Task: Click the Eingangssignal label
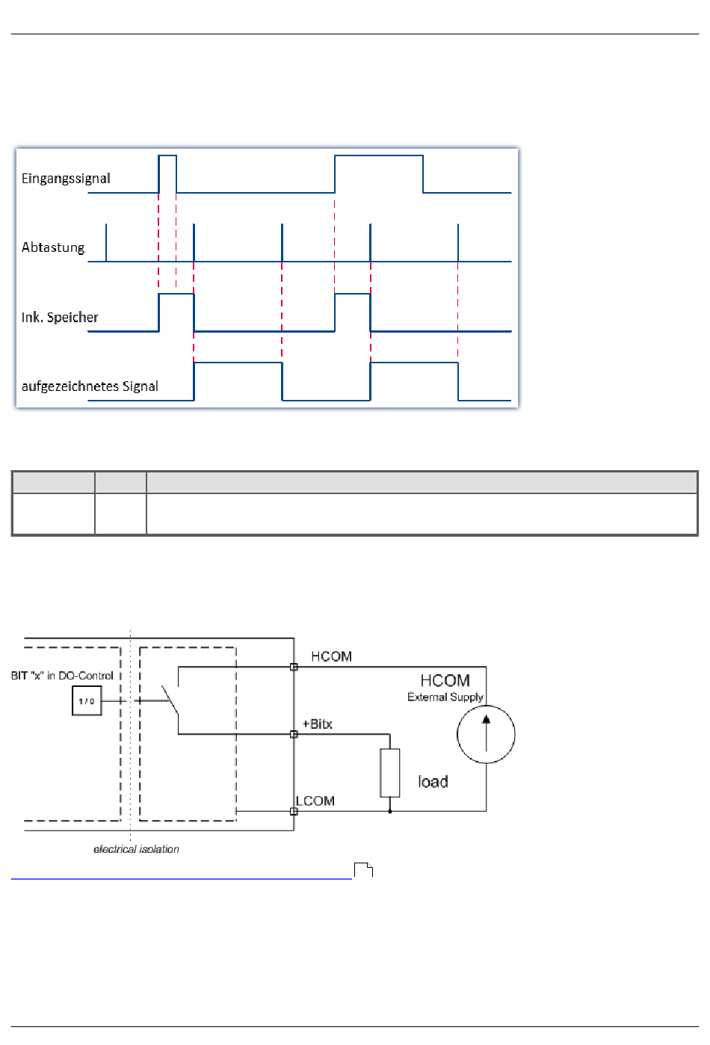pos(66,179)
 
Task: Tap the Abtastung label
pos(53,247)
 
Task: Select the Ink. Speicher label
pos(60,317)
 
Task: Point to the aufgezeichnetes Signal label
pos(90,386)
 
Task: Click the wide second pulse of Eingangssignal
pos(379,155)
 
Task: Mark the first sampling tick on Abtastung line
pos(106,243)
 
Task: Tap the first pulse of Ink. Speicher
pos(176,294)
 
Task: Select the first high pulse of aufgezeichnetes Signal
pos(238,363)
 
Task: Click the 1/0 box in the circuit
pos(87,700)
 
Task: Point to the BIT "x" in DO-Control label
pos(62,676)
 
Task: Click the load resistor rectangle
pos(390,773)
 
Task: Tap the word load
pos(433,781)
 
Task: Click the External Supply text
pos(445,697)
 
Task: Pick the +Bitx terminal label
pos(317,724)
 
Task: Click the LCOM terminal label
pos(315,801)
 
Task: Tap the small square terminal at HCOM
pos(294,667)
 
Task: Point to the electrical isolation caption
pos(136,849)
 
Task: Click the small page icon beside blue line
pos(363,870)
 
